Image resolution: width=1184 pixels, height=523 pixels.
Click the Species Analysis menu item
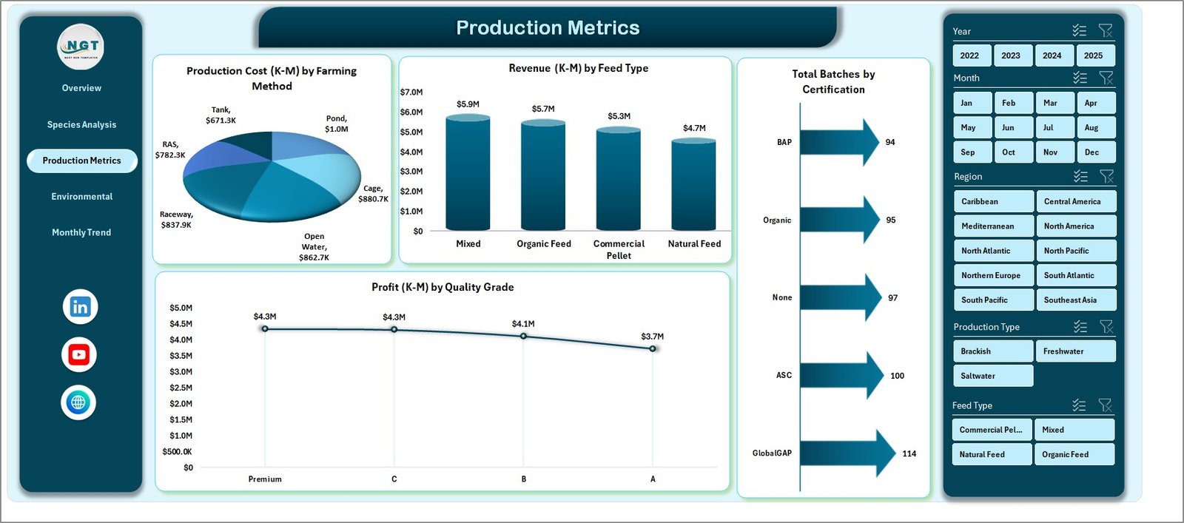[x=81, y=124]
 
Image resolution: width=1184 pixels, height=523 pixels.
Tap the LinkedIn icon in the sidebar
[x=80, y=307]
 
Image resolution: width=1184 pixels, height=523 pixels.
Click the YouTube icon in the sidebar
[x=79, y=355]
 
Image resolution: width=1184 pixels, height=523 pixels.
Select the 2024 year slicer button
[x=1052, y=55]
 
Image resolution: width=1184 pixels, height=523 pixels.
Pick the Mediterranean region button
[x=992, y=226]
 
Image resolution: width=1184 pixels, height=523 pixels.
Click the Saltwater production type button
[x=992, y=376]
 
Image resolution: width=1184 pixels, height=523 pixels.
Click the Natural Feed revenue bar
[x=693, y=185]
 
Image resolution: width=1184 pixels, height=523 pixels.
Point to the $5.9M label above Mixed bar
[x=468, y=104]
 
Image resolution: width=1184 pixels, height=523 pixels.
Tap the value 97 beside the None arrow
[x=893, y=298]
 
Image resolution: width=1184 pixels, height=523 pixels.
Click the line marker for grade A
[x=653, y=348]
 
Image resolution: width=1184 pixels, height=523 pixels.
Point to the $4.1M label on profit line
[x=523, y=324]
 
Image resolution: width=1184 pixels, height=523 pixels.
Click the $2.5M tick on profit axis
[x=181, y=388]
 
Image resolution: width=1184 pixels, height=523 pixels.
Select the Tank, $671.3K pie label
[x=221, y=115]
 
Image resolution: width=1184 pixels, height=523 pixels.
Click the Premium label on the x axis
[x=265, y=479]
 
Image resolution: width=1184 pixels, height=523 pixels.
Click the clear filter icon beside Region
[x=1106, y=176]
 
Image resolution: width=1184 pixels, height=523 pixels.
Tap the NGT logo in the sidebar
[x=81, y=47]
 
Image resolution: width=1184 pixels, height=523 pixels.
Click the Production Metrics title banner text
[x=548, y=28]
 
